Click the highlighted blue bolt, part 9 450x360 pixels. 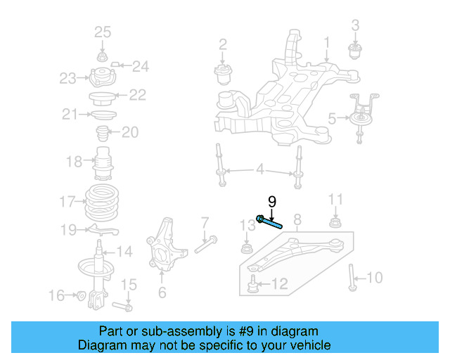[269, 222]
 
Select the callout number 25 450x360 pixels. [103, 32]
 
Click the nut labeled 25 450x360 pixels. [103, 56]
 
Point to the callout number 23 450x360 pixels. [67, 79]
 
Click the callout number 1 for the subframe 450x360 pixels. [326, 48]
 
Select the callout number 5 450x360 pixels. [332, 120]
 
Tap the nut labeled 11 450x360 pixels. [336, 224]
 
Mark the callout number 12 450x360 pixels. [280, 284]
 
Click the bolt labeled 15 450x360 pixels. [124, 307]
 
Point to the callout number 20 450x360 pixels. [130, 131]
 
